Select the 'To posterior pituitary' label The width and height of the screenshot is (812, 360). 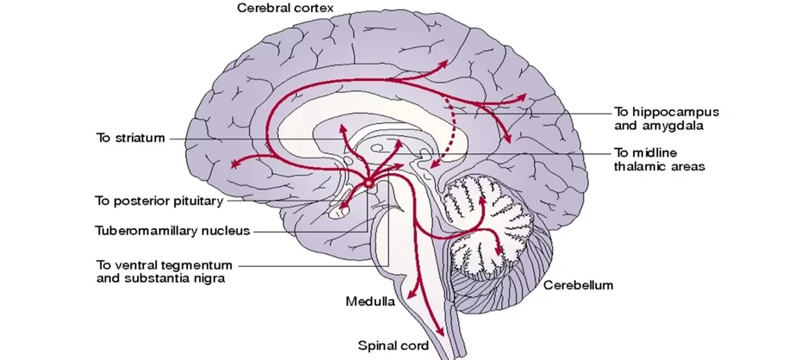[158, 201]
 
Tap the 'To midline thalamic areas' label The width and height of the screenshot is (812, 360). [660, 159]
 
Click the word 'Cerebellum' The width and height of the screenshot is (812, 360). [578, 285]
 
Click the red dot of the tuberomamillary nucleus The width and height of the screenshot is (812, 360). [368, 183]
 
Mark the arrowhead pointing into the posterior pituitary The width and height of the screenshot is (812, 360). [343, 207]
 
